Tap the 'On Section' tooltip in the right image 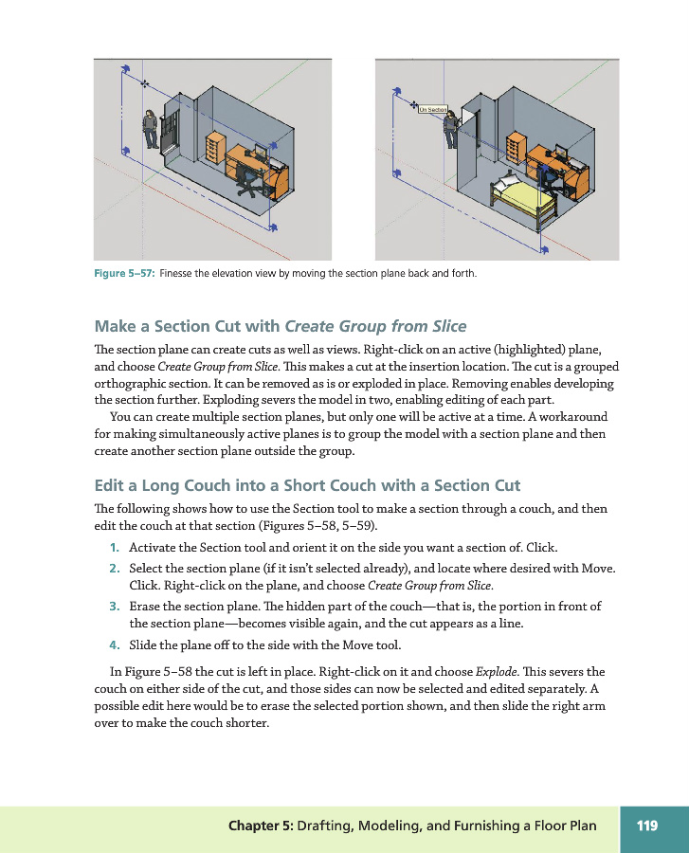tap(432, 110)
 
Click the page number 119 tap(647, 826)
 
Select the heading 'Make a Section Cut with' tap(188, 327)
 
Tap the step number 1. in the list tap(114, 549)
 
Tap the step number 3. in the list tap(114, 606)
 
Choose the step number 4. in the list tap(114, 646)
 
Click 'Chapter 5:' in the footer tap(260, 826)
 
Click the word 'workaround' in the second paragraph tap(572, 417)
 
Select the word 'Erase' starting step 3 tap(145, 606)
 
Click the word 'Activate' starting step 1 tap(152, 549)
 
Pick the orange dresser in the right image tap(515, 147)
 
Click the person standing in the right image tap(451, 128)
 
